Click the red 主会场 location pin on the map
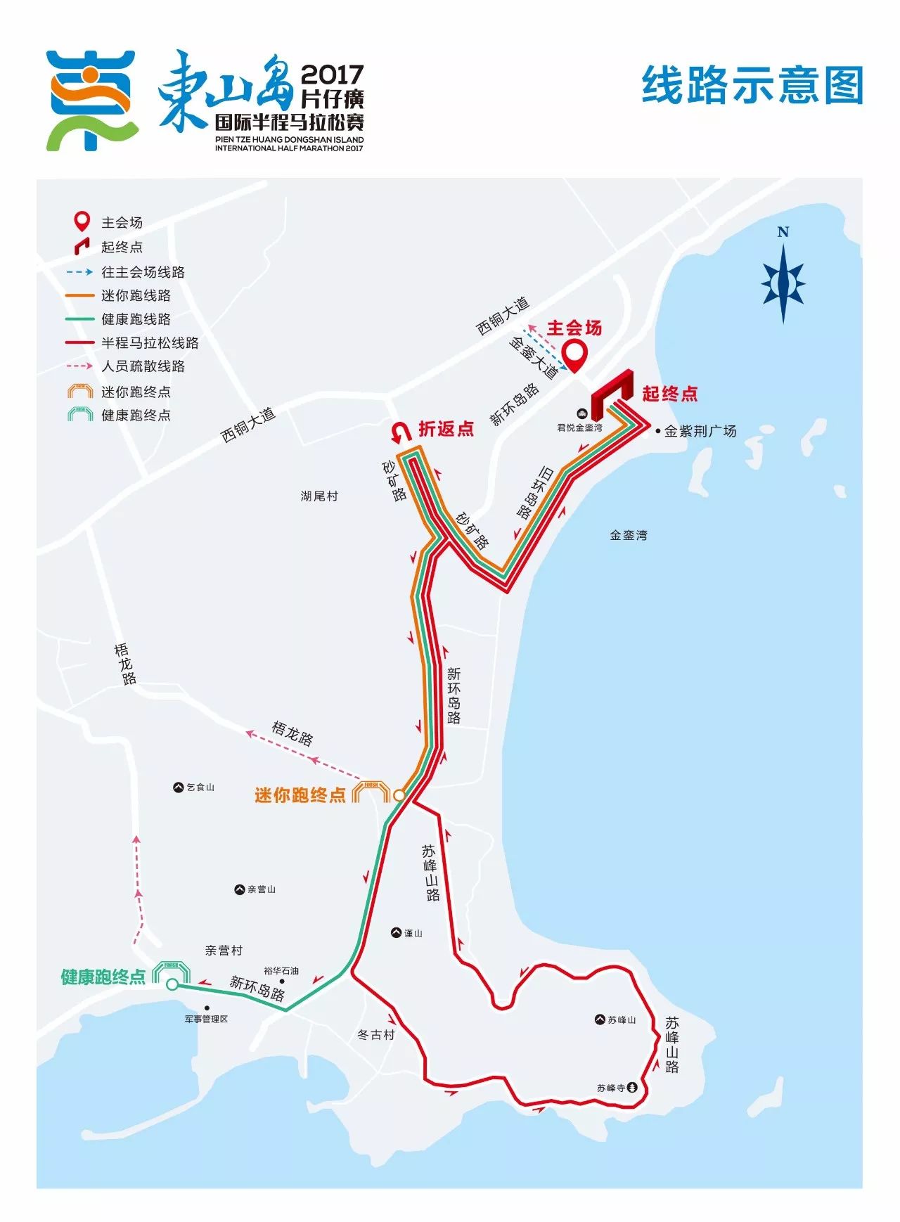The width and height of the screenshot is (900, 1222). tap(576, 354)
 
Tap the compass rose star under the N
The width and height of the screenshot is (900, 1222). tap(783, 284)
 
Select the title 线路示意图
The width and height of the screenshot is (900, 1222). tap(752, 85)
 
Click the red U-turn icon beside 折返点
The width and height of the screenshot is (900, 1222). tap(401, 431)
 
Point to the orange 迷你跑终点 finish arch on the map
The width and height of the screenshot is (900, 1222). tap(371, 791)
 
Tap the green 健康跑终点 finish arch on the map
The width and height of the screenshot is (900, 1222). tap(172, 972)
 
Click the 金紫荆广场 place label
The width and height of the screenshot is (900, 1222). tap(700, 431)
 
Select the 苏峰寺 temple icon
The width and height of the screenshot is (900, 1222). tap(632, 1088)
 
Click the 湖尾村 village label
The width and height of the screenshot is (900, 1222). tap(319, 496)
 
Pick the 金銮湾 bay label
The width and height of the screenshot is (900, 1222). tap(628, 535)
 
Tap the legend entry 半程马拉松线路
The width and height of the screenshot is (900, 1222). tap(150, 342)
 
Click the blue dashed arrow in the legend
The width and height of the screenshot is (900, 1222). tap(79, 271)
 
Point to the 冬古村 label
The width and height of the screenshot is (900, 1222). tap(376, 1034)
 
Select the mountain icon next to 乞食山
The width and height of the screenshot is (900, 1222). tap(178, 787)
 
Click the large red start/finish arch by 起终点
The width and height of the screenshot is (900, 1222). tap(612, 390)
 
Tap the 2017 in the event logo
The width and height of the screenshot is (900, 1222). tap(332, 74)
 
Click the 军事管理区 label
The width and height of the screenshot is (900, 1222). tap(206, 1019)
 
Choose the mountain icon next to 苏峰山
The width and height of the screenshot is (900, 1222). tap(600, 1020)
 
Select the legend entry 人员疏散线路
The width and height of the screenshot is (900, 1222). tap(143, 366)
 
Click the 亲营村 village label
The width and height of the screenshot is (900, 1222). tap(224, 951)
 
